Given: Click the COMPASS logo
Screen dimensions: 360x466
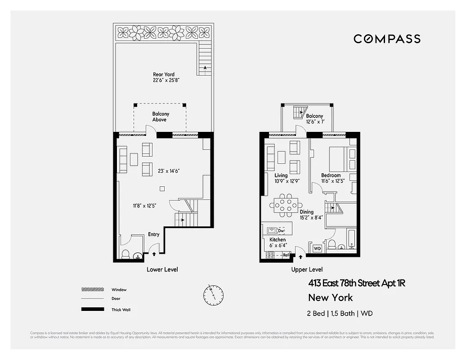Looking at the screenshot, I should pos(387,39).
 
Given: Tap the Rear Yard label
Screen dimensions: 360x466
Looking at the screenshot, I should pos(164,77).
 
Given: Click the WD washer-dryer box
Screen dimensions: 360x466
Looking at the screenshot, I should pos(317,248).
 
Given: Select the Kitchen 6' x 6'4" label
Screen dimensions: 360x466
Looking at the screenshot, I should pos(278,243).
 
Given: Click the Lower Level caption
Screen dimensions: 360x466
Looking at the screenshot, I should pos(162,270).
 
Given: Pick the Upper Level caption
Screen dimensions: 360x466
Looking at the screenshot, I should pos(307,270).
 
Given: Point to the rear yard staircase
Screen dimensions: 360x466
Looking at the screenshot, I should pos(205,59).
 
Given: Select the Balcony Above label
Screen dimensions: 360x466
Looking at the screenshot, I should pos(160,117).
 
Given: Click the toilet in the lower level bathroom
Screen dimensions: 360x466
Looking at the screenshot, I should pos(126,254).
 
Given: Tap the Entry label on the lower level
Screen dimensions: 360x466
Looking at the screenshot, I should pos(154,234).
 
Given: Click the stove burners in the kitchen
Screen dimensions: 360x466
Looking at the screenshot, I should pos(271,255).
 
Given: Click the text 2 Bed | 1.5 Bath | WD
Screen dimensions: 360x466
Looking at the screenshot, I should pos(340,313).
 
